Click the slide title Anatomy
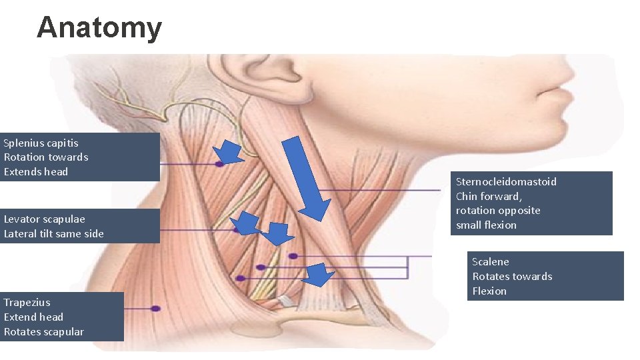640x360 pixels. click(99, 28)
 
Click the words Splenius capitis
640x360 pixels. click(41, 143)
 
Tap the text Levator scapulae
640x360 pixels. click(44, 219)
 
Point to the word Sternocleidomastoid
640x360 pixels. click(506, 181)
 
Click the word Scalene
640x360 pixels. click(490, 261)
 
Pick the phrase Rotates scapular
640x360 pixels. click(43, 331)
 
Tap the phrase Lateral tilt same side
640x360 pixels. click(53, 233)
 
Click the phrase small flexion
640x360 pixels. click(486, 225)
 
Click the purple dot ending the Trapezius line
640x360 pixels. click(155, 309)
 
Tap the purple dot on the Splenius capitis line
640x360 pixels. click(219, 163)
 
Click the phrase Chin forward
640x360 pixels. click(488, 196)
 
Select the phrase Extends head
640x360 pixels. click(36, 172)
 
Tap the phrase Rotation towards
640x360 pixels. click(45, 157)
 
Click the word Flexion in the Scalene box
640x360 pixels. click(489, 291)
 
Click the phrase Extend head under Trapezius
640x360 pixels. click(33, 317)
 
